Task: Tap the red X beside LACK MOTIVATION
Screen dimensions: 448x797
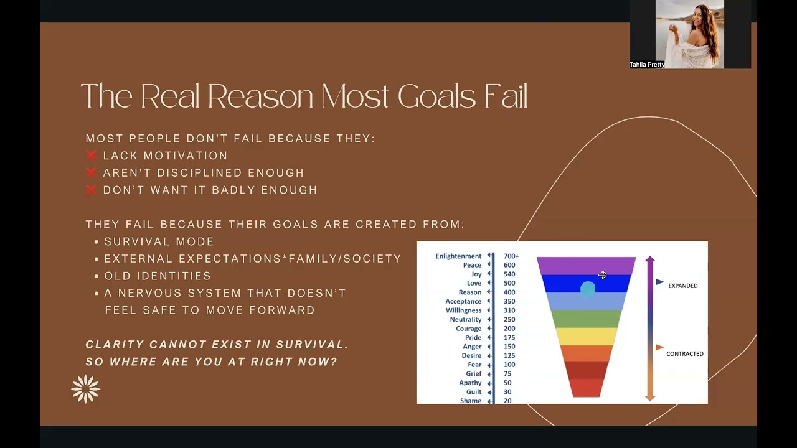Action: [92, 156]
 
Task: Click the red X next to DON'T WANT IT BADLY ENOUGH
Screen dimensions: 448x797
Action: [92, 190]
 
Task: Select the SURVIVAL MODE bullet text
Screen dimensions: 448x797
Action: [159, 241]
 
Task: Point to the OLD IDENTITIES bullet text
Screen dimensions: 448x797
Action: [158, 276]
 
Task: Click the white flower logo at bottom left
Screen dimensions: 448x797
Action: [86, 389]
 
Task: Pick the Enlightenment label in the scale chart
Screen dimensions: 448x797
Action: [458, 256]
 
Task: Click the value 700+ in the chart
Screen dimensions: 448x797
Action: [511, 256]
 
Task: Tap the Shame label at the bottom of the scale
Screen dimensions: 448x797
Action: [471, 401]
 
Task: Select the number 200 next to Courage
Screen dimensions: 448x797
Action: [509, 329]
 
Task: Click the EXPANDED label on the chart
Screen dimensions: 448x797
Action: [682, 286]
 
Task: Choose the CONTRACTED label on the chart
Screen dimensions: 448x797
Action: [684, 353]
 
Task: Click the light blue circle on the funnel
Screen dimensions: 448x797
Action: [587, 289]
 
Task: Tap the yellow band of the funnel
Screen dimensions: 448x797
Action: [586, 336]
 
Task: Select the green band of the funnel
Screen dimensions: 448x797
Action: [586, 319]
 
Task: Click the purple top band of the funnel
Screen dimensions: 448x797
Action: [586, 265]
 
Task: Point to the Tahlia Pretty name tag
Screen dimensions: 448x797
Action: [647, 65]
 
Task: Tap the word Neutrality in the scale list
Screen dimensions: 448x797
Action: [466, 319]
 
